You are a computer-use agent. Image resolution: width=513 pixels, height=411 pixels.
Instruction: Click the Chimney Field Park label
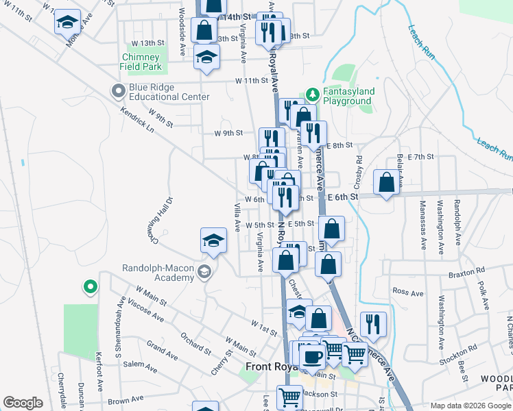[x=142, y=62]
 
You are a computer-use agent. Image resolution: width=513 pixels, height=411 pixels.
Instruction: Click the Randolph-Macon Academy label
[x=158, y=273]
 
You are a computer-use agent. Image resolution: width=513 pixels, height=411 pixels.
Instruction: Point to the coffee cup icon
[x=312, y=356]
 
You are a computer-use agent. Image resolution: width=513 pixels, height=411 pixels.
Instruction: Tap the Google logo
[x=23, y=403]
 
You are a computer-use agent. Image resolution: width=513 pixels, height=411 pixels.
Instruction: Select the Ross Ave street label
[x=407, y=292]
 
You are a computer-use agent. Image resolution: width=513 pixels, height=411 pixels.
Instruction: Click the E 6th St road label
[x=343, y=197]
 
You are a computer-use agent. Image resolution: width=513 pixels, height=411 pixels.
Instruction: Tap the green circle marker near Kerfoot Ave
[x=89, y=288]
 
